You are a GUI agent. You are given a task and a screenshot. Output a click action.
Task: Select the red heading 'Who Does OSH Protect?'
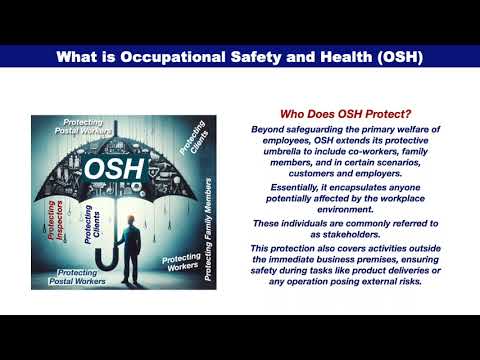(346, 114)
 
